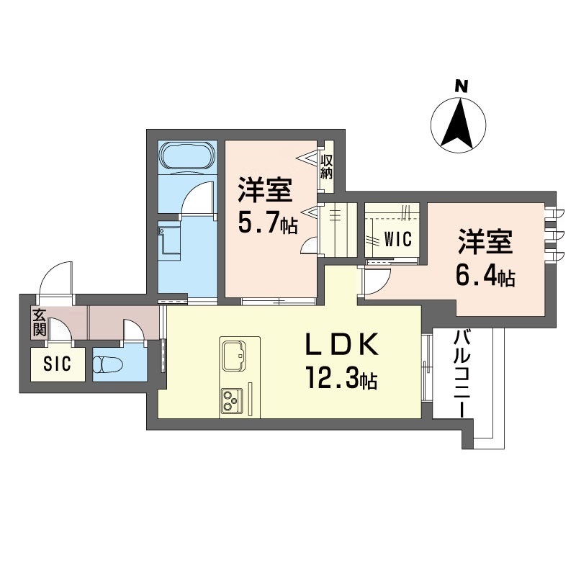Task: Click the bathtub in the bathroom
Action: point(187,158)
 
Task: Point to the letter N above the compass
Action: point(462,86)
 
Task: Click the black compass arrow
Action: point(457,124)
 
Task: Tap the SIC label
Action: point(58,364)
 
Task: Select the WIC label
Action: point(398,240)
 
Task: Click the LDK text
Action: point(341,344)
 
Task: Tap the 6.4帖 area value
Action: point(485,276)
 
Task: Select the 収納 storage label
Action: point(326,166)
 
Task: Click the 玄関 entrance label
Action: point(40,323)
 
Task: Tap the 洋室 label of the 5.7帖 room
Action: point(265,189)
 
